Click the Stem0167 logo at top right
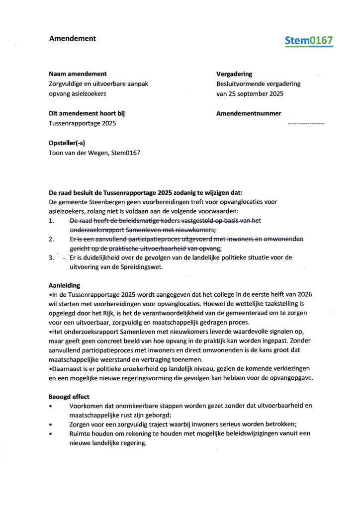coord(309,41)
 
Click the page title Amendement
coord(72,38)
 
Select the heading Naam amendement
coord(78,74)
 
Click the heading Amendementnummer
coord(249,113)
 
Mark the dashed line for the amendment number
coord(306,122)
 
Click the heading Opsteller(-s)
coord(72,143)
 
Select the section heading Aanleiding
coord(65,286)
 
